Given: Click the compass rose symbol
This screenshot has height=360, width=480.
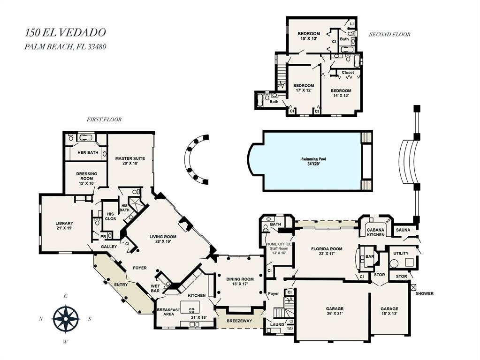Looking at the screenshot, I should [x=66, y=318].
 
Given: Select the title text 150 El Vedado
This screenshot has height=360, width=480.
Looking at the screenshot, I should [x=65, y=32].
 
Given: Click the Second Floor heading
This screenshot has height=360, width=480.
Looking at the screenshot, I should [x=389, y=34].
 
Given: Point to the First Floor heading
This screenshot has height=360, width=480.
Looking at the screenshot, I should [x=104, y=120].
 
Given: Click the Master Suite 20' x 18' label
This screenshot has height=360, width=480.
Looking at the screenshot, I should [x=130, y=161].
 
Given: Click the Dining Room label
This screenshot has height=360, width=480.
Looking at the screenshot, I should [x=240, y=282].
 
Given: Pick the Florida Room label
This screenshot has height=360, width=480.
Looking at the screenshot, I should [x=327, y=252].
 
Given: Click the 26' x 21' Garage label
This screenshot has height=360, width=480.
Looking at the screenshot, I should [x=335, y=311].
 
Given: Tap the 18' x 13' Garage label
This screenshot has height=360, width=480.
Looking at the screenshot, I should [x=389, y=311].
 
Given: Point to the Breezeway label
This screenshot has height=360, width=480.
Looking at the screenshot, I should [x=239, y=321].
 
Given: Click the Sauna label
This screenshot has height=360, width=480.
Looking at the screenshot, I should [x=403, y=230].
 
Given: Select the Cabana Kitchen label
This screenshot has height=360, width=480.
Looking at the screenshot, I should [x=375, y=232].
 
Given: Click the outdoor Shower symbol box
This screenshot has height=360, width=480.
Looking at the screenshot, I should [x=413, y=286].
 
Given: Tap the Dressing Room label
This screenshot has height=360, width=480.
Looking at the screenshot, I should [x=86, y=177].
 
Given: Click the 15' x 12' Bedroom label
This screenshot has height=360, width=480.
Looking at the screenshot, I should [x=309, y=36].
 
